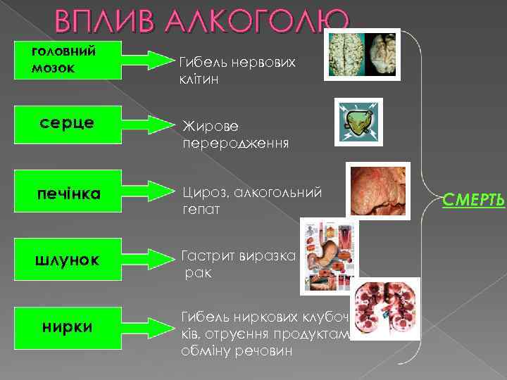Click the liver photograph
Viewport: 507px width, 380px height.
tap(377, 190)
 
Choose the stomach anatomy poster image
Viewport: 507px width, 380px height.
tap(329, 255)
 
